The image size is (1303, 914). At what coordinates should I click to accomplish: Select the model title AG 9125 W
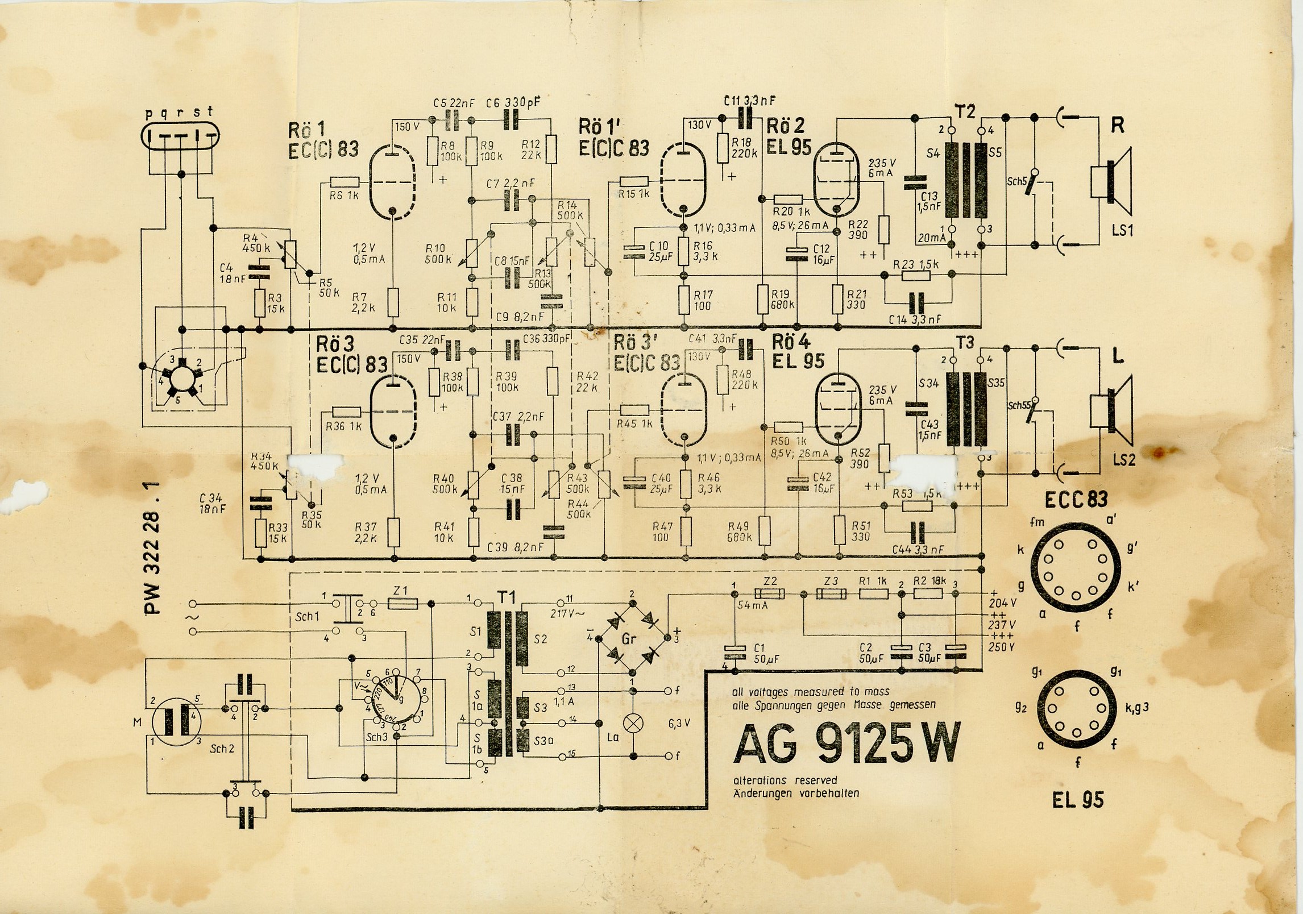point(845,743)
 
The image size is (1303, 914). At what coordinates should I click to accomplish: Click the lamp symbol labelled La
point(632,723)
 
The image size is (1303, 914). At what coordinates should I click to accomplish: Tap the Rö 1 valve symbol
point(392,180)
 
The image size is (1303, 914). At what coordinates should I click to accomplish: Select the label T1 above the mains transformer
point(507,597)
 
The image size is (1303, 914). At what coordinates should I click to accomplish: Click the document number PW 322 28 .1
point(153,548)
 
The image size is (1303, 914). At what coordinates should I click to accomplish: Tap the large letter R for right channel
point(1117,124)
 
